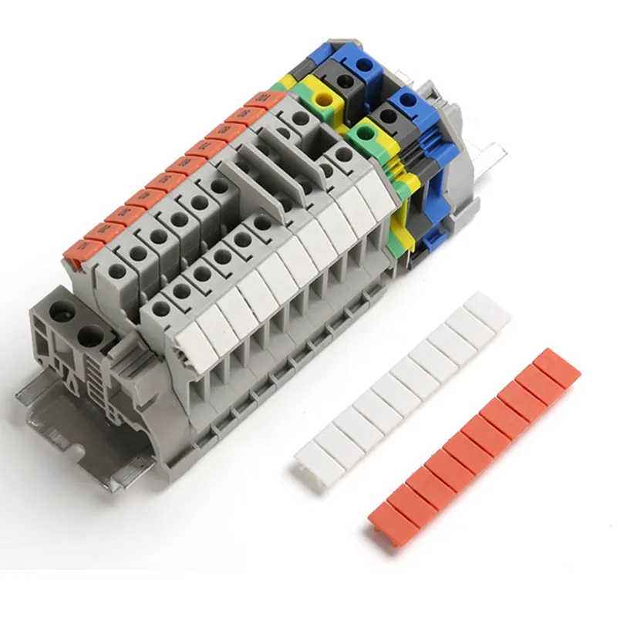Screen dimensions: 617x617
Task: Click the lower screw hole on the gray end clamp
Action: tap(91, 337)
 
